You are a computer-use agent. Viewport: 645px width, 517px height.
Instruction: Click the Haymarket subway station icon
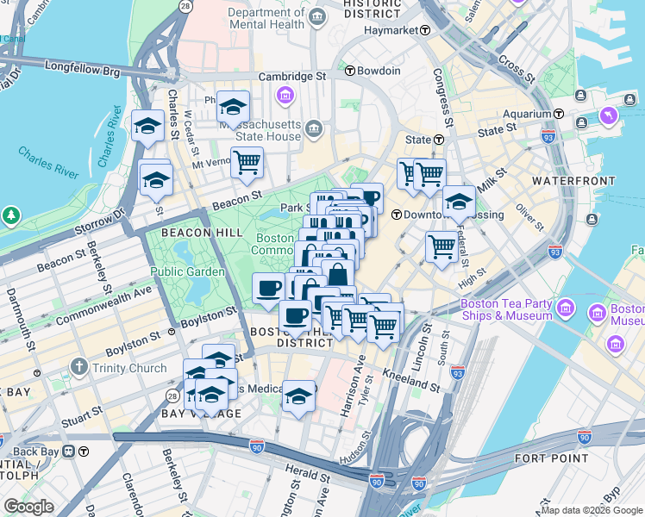tap(425, 29)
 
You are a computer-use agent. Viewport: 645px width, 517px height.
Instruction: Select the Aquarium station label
tap(528, 114)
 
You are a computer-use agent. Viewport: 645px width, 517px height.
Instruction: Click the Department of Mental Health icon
tap(316, 16)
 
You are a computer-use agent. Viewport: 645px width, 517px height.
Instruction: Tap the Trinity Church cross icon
tap(79, 368)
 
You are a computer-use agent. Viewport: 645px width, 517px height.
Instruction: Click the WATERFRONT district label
tap(573, 181)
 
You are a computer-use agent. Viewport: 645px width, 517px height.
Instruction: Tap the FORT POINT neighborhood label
tap(550, 458)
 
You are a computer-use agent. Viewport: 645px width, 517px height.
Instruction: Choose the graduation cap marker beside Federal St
tap(459, 202)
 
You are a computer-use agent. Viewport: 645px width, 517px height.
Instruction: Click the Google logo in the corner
tap(28, 507)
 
